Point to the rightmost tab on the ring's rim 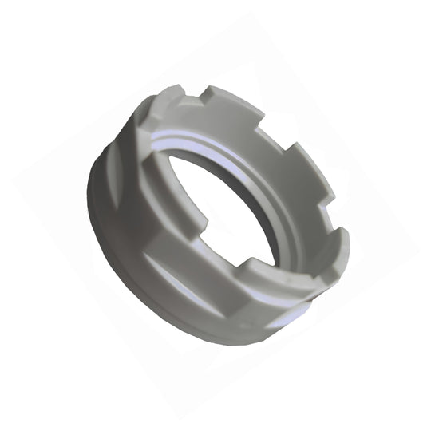click(x=342, y=239)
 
